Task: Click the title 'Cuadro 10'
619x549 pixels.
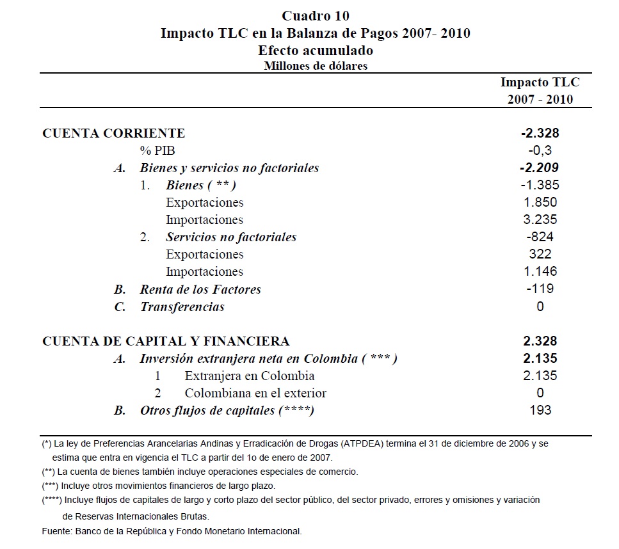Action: coord(316,15)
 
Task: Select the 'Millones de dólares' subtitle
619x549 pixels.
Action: coord(316,65)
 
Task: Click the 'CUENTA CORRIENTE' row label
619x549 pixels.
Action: coord(113,133)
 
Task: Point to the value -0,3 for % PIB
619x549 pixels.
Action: coord(540,150)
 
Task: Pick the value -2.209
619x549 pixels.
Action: coord(540,168)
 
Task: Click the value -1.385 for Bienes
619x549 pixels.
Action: coord(540,185)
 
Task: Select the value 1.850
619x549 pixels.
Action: coord(540,202)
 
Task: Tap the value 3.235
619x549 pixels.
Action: coord(540,219)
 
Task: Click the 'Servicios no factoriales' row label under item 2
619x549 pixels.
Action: coord(231,237)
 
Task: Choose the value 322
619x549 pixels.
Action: coord(540,254)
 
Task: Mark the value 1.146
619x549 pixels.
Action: coord(540,271)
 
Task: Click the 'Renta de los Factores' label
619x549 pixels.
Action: coord(200,289)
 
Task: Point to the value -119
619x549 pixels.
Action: coord(540,289)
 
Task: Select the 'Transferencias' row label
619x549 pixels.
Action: coord(182,306)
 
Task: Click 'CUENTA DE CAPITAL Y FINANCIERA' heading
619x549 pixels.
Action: coord(166,341)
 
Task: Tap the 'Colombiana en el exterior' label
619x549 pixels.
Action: coord(255,393)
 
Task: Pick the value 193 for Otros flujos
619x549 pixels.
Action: coord(540,410)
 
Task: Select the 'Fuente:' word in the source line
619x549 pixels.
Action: coord(57,531)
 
